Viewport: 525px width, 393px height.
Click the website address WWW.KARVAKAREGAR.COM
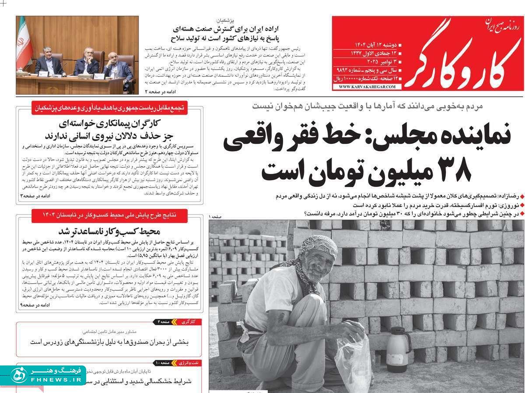point(367,87)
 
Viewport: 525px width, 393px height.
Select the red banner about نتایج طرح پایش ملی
point(109,215)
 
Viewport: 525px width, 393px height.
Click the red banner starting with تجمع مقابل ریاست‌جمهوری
point(109,107)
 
